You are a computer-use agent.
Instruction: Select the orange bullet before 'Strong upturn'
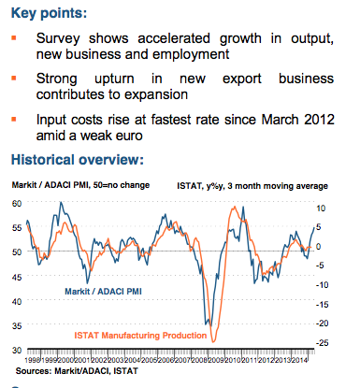(x=12, y=81)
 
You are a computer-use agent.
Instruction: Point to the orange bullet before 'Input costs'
(x=12, y=121)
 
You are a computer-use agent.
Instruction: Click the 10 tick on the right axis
(x=319, y=208)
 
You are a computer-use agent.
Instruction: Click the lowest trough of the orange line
(x=213, y=340)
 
